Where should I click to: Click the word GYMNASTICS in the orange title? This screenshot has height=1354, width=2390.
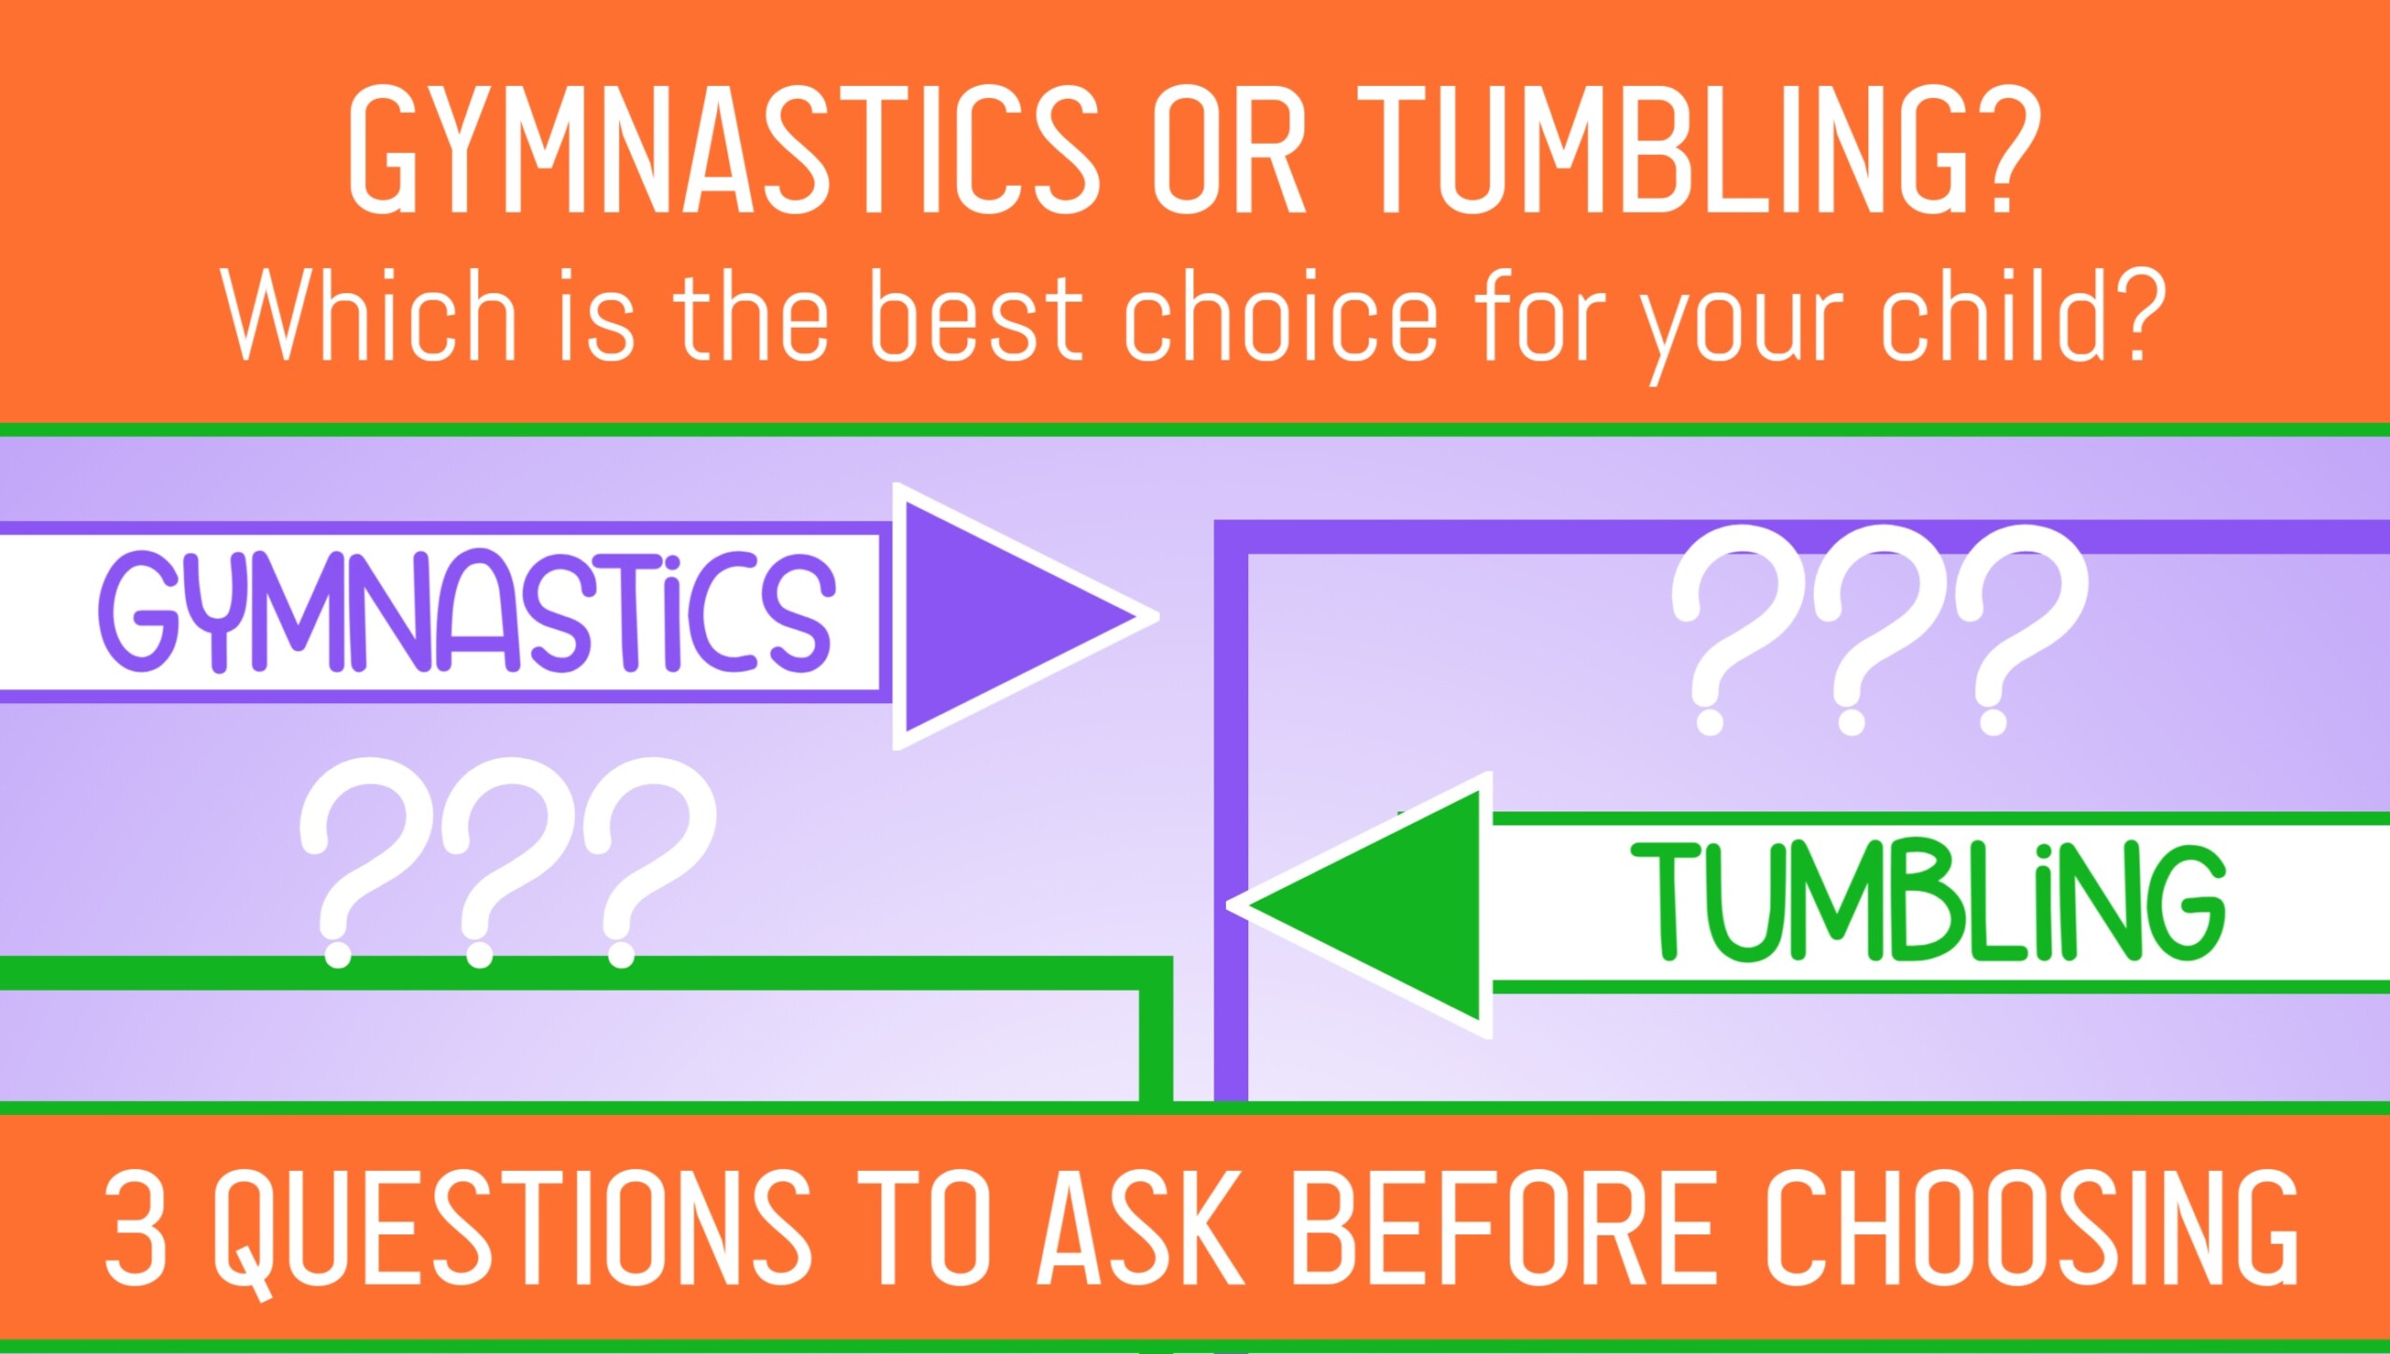click(724, 149)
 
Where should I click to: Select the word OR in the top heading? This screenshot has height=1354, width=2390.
click(1229, 149)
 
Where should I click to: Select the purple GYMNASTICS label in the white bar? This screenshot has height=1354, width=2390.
click(467, 613)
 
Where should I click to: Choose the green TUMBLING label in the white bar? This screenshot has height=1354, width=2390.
click(1928, 902)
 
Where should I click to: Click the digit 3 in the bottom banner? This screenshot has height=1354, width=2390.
click(136, 1228)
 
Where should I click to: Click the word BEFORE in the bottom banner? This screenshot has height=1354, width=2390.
click(1503, 1228)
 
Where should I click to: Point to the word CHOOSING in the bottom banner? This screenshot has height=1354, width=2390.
click(2031, 1228)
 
